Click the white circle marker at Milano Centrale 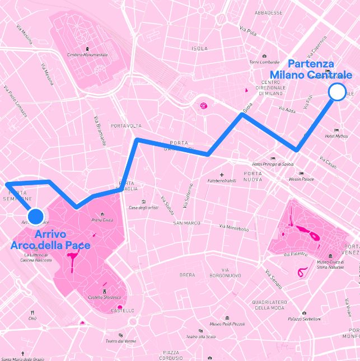[x=337, y=92]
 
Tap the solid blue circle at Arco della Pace [x=35, y=215]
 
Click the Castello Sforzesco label [x=104, y=297]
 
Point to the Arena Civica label [x=102, y=220]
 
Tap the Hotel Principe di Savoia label [x=273, y=164]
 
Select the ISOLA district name [x=199, y=49]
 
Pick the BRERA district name [x=187, y=275]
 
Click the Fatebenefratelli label [x=222, y=181]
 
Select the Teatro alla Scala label [x=200, y=336]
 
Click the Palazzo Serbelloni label [x=305, y=319]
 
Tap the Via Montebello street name [x=234, y=227]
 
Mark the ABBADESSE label [x=268, y=12]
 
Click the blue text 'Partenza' [x=311, y=64]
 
